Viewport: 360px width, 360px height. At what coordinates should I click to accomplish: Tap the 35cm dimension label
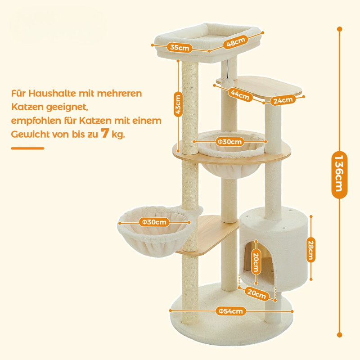[180, 48]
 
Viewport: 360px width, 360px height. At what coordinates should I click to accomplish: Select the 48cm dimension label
[236, 42]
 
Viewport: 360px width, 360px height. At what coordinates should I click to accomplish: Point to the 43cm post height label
[178, 104]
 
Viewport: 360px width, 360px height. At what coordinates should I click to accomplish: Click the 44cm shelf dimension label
[240, 94]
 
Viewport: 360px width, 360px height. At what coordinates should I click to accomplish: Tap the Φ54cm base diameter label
[230, 311]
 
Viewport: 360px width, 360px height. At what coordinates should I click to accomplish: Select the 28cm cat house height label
[310, 250]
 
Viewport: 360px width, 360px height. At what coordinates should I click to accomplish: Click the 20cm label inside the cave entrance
[256, 261]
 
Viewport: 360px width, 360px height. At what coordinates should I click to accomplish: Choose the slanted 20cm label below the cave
[256, 294]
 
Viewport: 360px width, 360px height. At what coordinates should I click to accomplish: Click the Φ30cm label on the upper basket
[230, 142]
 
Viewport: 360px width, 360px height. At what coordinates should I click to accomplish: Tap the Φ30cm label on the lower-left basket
[154, 222]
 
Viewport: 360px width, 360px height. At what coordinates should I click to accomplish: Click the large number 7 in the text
[105, 133]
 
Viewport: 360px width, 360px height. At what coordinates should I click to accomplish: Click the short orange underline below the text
[27, 148]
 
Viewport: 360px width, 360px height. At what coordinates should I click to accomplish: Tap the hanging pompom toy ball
[229, 82]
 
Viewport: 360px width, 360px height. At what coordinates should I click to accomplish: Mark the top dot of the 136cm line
[340, 29]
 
